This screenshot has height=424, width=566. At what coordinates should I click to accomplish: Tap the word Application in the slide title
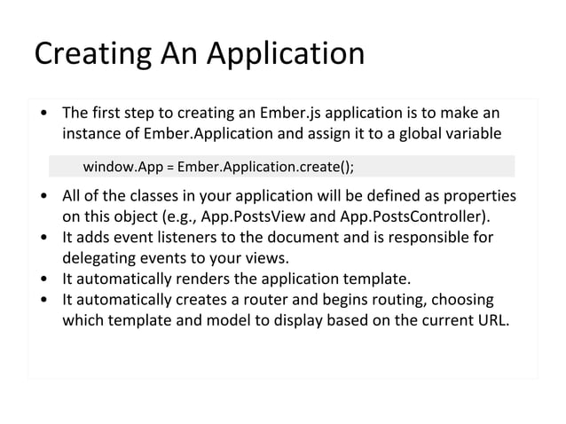click(286, 54)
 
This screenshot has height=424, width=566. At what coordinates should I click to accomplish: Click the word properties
click(479, 196)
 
